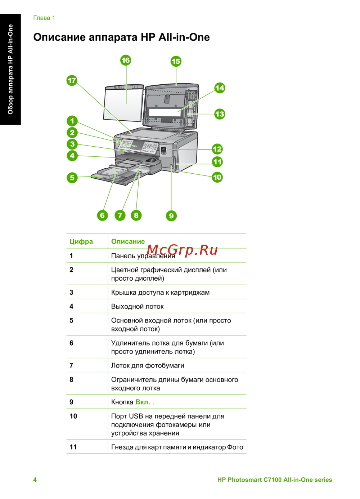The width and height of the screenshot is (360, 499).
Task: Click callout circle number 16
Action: [x=126, y=61]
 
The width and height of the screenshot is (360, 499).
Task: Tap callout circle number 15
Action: [x=176, y=61]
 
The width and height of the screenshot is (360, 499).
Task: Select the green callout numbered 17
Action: [x=72, y=80]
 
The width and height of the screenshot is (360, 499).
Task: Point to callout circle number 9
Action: [x=171, y=216]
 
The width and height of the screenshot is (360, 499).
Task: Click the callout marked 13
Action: [x=220, y=114]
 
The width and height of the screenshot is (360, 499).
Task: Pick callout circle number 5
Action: [x=72, y=178]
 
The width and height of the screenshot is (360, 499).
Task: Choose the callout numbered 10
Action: [x=217, y=177]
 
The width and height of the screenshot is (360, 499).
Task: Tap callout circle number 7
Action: [x=120, y=215]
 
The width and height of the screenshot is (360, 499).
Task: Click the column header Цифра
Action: [x=81, y=241]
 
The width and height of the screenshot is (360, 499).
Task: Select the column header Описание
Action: [x=128, y=241]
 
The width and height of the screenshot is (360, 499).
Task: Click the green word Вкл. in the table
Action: [x=143, y=402]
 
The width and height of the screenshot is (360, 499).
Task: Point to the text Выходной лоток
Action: [x=137, y=307]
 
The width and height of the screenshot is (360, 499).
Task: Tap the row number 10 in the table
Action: [x=73, y=416]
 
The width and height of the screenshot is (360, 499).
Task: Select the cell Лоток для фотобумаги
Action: [x=148, y=366]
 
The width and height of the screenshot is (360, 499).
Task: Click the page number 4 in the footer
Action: [x=35, y=480]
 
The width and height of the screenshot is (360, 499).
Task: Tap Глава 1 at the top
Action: [x=44, y=18]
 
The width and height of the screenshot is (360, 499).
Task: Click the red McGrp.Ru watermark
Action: [x=182, y=250]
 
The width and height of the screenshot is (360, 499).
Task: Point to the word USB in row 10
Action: [x=136, y=416]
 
